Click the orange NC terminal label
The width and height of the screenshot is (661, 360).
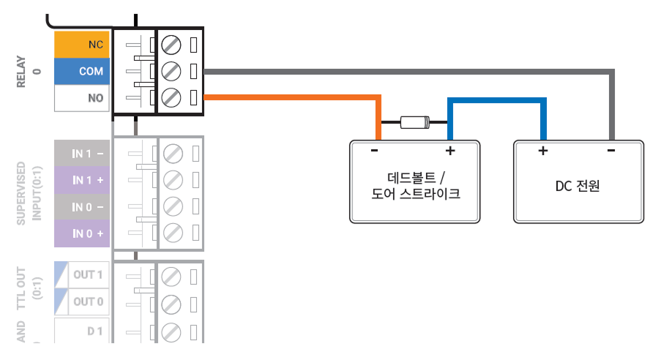tap(82, 45)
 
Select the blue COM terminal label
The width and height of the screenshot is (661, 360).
tap(82, 72)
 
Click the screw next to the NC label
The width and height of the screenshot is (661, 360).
tap(171, 45)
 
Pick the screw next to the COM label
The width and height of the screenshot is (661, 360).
tap(171, 71)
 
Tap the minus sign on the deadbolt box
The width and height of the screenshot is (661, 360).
tap(374, 151)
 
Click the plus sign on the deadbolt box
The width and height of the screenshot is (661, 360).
tap(450, 151)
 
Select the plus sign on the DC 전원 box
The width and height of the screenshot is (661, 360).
tap(542, 151)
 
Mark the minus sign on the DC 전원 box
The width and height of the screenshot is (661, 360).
tap(610, 151)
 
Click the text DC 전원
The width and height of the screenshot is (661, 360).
tap(578, 186)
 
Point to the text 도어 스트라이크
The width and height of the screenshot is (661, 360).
tap(416, 195)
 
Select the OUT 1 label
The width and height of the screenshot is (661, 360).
tap(88, 275)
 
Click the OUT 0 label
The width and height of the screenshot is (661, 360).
tap(88, 301)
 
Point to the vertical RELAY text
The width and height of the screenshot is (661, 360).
tap(20, 72)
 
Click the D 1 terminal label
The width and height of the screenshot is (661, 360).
tap(94, 331)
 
